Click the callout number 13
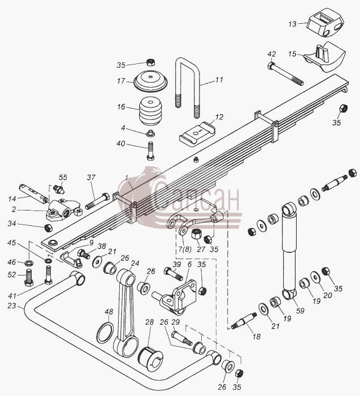[292, 24]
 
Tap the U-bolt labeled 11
[196, 83]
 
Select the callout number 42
[272, 54]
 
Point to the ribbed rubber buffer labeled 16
[150, 111]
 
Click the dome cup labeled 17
[150, 81]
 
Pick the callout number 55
[63, 178]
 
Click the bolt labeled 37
[98, 201]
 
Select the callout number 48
[109, 312]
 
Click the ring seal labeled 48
[105, 333]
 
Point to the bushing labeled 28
[150, 359]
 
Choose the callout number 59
[300, 311]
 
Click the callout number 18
[257, 337]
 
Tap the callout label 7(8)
[185, 249]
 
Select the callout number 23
[12, 306]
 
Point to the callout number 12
[219, 117]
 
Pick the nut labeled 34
[48, 228]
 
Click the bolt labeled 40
[150, 151]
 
